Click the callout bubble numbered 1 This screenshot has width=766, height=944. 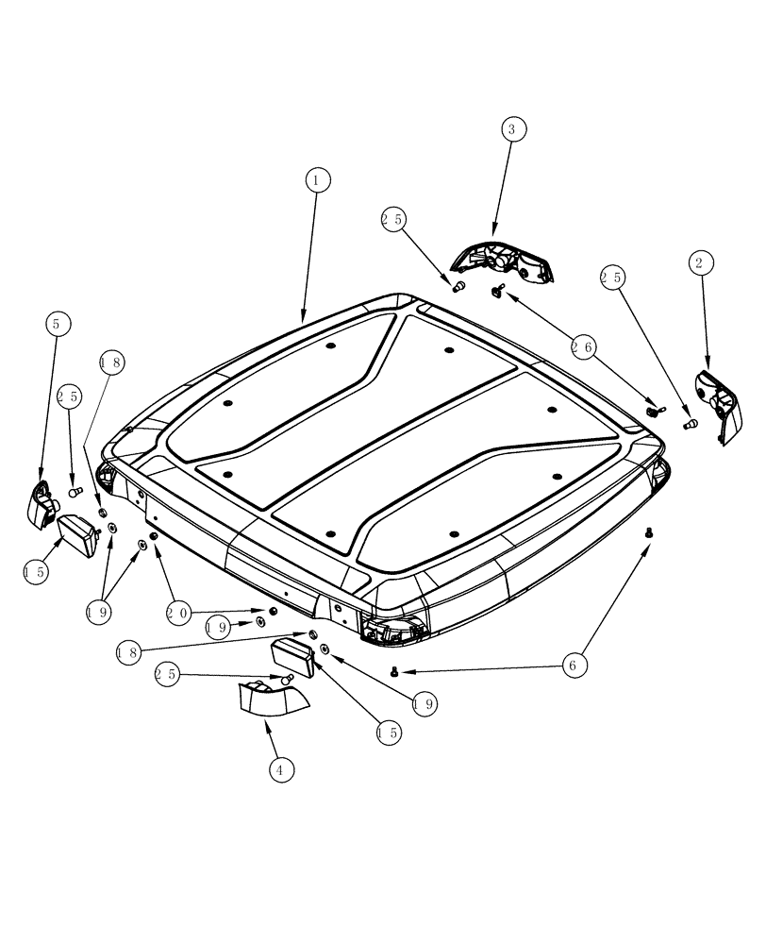pyautogui.click(x=318, y=179)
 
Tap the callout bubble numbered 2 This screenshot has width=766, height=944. pyautogui.click(x=699, y=263)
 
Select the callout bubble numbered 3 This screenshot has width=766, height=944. pyautogui.click(x=512, y=129)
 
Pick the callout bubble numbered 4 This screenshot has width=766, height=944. pyautogui.click(x=279, y=770)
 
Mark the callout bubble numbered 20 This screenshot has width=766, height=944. pyautogui.click(x=178, y=614)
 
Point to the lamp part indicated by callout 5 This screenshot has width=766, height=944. pyautogui.click(x=43, y=500)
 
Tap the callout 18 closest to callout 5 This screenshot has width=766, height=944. pyautogui.click(x=111, y=362)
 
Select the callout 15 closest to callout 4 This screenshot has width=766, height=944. pyautogui.click(x=387, y=731)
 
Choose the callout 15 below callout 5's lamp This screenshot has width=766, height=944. pyautogui.click(x=36, y=571)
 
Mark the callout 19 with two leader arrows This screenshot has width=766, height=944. pyautogui.click(x=97, y=612)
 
